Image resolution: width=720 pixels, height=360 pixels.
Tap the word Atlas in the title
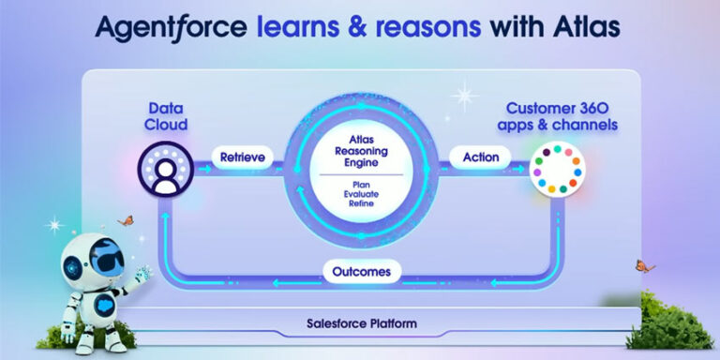pos(579,28)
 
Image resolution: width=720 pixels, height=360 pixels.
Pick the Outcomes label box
pos(362,272)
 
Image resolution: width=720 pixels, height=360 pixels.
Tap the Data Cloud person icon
pos(166,170)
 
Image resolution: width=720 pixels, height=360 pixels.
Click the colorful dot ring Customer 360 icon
pos(556,169)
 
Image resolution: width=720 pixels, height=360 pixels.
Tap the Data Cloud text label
pos(166,115)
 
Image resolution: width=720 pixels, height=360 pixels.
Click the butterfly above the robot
pos(124,221)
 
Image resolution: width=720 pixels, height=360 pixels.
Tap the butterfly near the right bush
pos(640,265)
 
